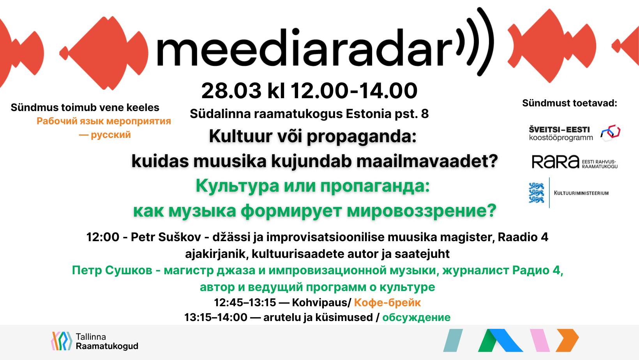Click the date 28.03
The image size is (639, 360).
(x=231, y=91)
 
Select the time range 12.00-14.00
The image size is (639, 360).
(x=354, y=91)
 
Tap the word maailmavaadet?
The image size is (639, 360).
(x=427, y=161)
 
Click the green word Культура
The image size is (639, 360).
(x=237, y=186)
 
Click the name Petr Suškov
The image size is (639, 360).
(x=166, y=237)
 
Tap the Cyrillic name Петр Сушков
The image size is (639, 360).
(x=112, y=270)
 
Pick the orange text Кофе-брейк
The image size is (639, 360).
(x=387, y=302)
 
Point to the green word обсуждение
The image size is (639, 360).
(x=416, y=317)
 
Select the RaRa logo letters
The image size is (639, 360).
(x=555, y=162)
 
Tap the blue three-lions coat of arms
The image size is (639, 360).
(x=536, y=193)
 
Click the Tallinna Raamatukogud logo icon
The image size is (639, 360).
(x=61, y=341)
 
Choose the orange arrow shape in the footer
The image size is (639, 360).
(x=567, y=340)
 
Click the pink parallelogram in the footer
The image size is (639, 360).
(x=540, y=340)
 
